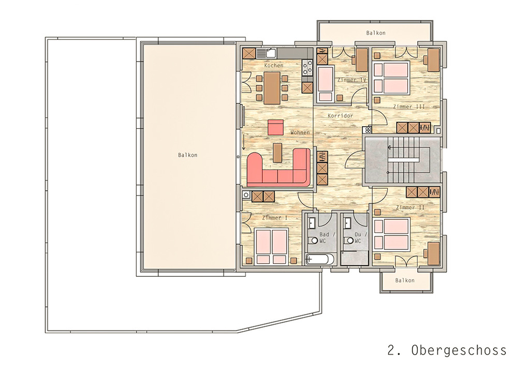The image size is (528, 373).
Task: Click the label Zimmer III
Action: pos(409,107)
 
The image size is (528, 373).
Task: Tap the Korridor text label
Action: pos(341,115)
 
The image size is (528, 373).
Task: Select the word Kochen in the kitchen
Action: pos(274,65)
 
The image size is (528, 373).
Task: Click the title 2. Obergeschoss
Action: pos(447,350)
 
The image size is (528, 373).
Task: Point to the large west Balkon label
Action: pos(187,155)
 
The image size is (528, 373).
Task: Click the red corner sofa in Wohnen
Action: pos(278,168)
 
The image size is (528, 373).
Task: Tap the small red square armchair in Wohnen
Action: pos(276,127)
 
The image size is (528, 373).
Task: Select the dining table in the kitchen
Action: pos(272,88)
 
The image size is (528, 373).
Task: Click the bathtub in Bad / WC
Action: pos(319,260)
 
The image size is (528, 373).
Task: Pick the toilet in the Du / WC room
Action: pos(348,241)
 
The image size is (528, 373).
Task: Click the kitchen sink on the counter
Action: pos(271,53)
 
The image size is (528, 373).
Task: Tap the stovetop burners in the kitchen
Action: pos(307,67)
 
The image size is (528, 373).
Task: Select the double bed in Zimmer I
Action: pos(271,246)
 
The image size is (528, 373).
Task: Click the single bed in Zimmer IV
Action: pos(325,84)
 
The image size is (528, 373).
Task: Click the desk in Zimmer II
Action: pos(433,253)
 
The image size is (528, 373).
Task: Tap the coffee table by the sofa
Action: pos(277,153)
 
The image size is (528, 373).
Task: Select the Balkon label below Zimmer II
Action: pos(405,280)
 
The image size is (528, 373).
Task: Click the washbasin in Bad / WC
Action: pos(312,223)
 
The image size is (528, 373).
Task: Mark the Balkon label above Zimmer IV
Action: pos(376,33)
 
